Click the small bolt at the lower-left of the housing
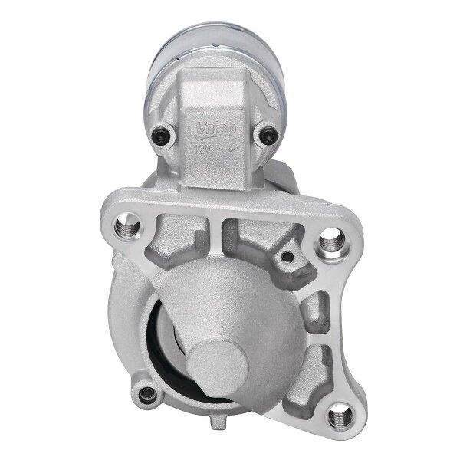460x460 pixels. point(148,396)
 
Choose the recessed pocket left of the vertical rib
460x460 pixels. point(184,241)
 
